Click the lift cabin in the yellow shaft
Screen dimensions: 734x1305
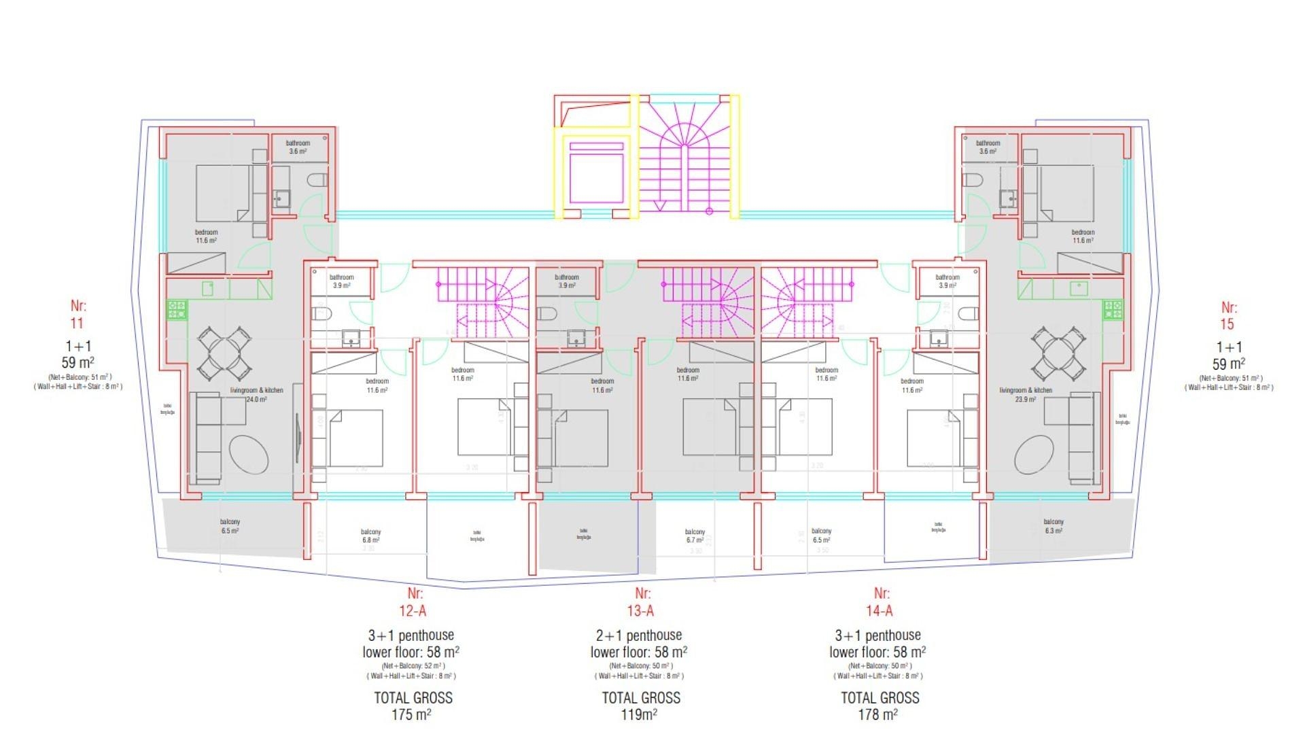(x=596, y=177)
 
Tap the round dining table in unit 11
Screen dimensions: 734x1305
(x=222, y=353)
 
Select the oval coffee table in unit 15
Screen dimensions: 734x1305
(x=1034, y=455)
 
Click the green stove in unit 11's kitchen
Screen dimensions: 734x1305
(x=177, y=311)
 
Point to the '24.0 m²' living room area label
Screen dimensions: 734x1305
(x=256, y=400)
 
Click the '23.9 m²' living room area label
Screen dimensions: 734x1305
(x=1025, y=400)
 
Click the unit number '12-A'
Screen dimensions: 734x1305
(x=413, y=611)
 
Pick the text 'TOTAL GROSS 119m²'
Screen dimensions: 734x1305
(x=640, y=705)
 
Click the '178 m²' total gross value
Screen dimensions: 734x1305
(x=877, y=714)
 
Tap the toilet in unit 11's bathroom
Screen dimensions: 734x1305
(x=317, y=181)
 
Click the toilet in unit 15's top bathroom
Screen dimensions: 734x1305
(x=973, y=181)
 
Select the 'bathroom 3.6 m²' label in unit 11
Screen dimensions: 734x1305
(x=298, y=147)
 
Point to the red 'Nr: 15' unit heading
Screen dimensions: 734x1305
(x=1227, y=316)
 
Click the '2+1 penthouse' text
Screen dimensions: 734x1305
(x=638, y=635)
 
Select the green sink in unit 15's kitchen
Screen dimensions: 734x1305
(x=1078, y=289)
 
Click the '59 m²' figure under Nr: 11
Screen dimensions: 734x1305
(x=77, y=362)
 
